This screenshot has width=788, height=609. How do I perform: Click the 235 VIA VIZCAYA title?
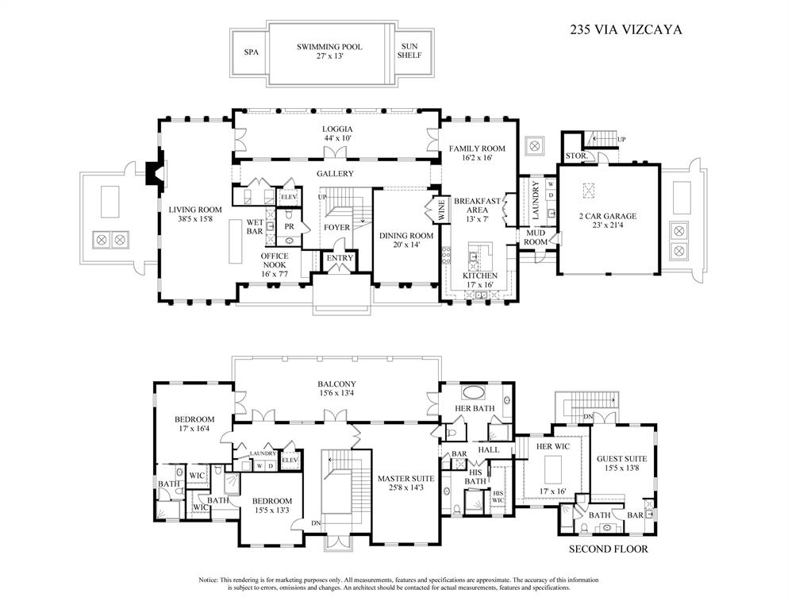[626, 30]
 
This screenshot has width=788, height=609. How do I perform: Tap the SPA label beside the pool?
[252, 52]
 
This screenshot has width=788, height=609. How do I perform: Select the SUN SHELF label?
[409, 52]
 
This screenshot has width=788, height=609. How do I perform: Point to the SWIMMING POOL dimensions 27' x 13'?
[329, 57]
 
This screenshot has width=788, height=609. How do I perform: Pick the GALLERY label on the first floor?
[335, 173]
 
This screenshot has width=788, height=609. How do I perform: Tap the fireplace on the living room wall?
[154, 174]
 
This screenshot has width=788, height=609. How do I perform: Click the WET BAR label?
[255, 227]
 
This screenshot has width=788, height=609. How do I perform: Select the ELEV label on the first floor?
[289, 196]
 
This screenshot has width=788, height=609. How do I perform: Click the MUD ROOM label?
[536, 237]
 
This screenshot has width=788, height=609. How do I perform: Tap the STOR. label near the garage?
[575, 156]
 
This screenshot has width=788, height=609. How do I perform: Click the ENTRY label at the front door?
[340, 258]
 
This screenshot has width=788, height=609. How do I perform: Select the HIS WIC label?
[498, 497]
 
